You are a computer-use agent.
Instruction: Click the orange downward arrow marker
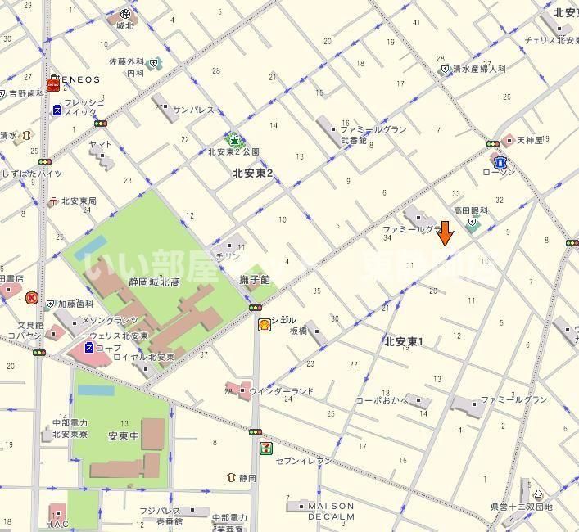pos(445,233)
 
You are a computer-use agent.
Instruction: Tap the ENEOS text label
pos(79,80)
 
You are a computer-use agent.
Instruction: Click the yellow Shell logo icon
pos(265,325)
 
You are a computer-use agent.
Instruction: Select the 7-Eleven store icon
pos(265,448)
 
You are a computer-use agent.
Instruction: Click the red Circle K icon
pos(32,299)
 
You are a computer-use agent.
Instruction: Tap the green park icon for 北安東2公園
pos(234,139)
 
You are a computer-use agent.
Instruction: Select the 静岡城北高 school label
pos(155,282)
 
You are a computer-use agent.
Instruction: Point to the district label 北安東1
pos(404,342)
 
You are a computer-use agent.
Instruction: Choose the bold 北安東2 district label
pos(253,173)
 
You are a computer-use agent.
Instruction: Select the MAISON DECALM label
pos(331,512)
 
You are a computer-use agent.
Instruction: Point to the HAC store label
pos(57,524)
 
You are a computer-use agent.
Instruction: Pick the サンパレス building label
pos(193,109)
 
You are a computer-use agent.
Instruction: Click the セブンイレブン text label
pos(304,461)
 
